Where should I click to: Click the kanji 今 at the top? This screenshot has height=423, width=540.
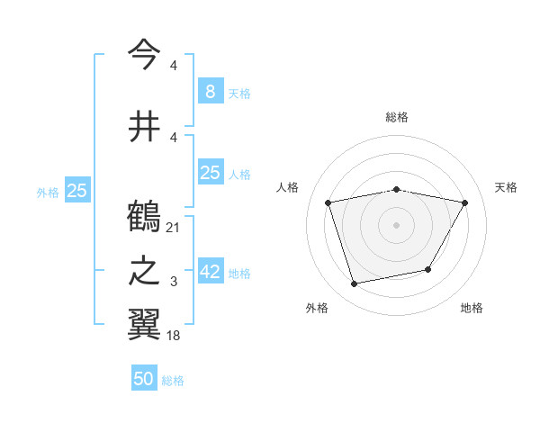tap(144, 56)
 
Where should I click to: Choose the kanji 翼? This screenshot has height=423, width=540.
tap(144, 324)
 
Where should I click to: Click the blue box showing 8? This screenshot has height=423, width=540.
tap(210, 91)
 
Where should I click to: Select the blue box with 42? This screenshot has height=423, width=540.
tap(211, 273)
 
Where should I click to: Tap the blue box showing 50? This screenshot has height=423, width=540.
tap(144, 379)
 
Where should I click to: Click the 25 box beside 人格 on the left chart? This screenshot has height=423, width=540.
tap(211, 173)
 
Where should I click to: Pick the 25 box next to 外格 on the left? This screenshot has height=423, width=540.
tap(77, 191)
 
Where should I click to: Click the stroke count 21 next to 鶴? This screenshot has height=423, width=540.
tap(174, 228)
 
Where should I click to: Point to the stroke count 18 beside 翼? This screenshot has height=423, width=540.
tap(174, 335)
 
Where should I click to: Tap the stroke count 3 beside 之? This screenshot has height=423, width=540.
tap(174, 283)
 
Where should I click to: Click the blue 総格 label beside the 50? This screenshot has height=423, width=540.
tap(173, 381)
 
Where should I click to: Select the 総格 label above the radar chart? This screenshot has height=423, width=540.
tap(397, 117)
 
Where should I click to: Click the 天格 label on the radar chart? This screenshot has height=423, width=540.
tap(507, 187)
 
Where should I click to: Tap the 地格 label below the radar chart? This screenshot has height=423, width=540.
tap(472, 308)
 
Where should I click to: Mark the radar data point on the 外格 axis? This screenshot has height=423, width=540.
tap(355, 284)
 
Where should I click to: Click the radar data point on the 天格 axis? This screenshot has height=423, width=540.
tap(465, 203)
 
